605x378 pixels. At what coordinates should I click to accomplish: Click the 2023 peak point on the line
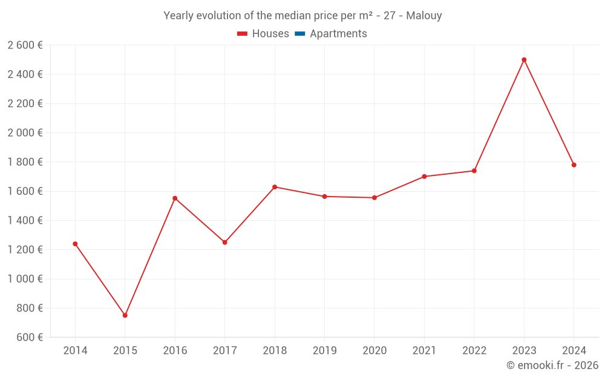(x=524, y=60)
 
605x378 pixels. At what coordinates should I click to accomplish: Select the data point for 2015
(x=125, y=315)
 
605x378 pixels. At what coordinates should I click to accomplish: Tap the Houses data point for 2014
(x=75, y=244)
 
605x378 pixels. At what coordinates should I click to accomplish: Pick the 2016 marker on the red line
(x=175, y=198)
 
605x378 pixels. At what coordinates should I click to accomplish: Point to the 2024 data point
(x=574, y=165)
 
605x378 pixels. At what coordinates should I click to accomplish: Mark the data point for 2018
(x=275, y=187)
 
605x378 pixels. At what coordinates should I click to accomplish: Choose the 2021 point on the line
(x=424, y=177)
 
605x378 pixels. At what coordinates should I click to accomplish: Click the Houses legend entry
(x=263, y=34)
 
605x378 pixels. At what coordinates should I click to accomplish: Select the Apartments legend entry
(x=331, y=34)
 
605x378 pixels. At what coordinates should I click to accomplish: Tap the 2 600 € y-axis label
(x=25, y=45)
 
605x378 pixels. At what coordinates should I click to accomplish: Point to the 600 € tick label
(x=29, y=337)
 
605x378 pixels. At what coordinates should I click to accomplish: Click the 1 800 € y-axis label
(x=25, y=162)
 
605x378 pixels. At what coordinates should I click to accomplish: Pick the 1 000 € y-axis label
(x=25, y=279)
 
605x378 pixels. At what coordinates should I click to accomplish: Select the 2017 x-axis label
(x=224, y=351)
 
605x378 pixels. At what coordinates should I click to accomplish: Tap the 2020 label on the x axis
(x=374, y=351)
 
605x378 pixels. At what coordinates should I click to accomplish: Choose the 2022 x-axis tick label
(x=474, y=351)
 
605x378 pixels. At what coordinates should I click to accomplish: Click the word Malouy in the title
(x=424, y=16)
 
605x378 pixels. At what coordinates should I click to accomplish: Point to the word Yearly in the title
(x=178, y=16)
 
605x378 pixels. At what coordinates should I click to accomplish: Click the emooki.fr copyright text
(x=552, y=365)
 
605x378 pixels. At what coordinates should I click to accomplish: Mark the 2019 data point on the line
(x=324, y=197)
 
